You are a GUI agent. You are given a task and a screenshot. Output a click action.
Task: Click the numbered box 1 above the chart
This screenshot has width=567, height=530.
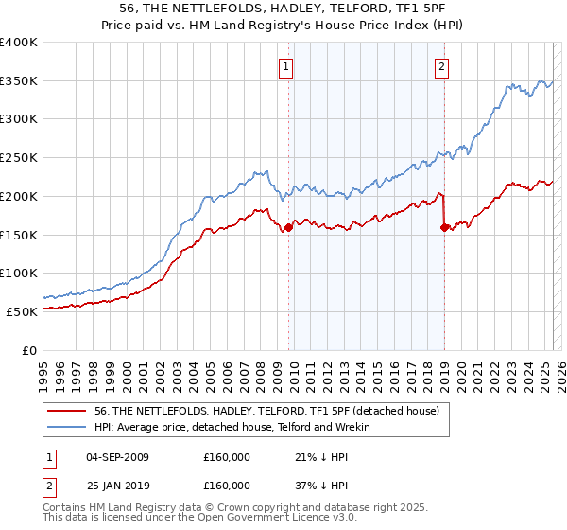coord(285,66)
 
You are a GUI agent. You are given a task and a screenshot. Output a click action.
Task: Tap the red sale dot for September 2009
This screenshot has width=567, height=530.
coord(288,227)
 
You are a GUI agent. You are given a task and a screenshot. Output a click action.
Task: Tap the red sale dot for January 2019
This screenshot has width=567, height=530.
coord(444,227)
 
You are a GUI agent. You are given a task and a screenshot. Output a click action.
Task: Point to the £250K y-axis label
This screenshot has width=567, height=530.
coord(19,157)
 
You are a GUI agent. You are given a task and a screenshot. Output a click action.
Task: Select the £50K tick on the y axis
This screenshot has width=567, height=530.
coord(23,311)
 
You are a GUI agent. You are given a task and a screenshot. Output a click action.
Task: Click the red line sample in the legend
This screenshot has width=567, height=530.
coord(68,412)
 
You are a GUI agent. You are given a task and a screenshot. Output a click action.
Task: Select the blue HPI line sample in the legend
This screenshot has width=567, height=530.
coord(68,428)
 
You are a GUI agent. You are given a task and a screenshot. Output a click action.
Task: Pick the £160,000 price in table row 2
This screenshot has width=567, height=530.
coord(227,485)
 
